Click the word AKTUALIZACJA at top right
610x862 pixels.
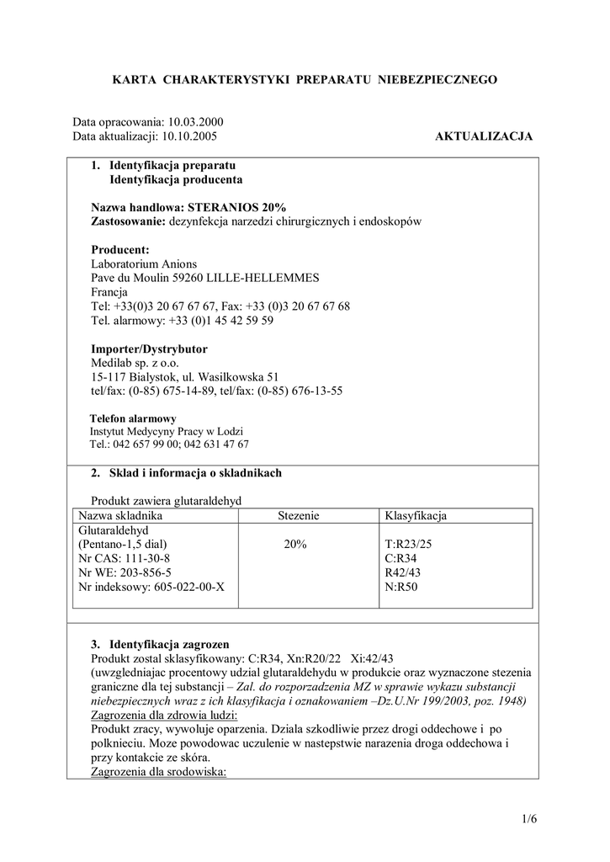pos(484,136)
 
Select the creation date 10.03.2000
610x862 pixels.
pos(197,122)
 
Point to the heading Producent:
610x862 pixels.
pos(119,250)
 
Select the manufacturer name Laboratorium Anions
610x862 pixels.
pos(143,263)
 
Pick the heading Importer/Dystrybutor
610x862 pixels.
pos(149,349)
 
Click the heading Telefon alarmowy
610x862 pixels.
pos(132,418)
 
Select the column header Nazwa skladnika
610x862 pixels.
pos(120,515)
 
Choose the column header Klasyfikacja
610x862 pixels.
pos(415,515)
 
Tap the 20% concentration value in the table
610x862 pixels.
pos(294,545)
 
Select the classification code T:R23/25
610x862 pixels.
pos(407,545)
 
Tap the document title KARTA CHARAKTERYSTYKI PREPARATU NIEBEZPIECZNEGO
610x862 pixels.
pos(305,79)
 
